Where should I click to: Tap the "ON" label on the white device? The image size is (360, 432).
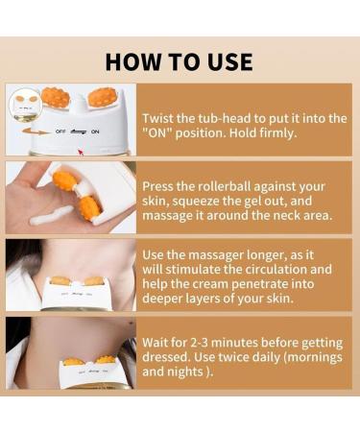point(95,132)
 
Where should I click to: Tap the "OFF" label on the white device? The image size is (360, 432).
point(60,132)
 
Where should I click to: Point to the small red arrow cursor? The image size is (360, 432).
point(81,152)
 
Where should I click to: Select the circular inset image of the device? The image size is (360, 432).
point(25,105)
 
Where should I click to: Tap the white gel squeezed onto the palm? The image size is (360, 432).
point(51,215)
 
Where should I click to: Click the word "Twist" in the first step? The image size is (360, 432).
point(157,118)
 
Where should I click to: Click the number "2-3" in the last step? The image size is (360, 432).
point(199,343)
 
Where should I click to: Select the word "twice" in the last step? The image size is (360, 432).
point(232,357)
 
